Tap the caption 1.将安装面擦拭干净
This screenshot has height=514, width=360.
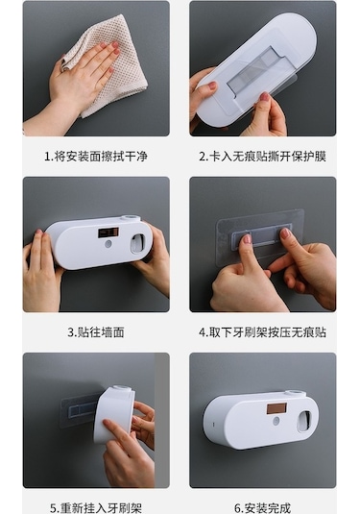click(x=96, y=157)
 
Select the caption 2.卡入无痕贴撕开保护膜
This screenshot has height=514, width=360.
click(x=263, y=157)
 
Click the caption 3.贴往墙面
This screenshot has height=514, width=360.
click(x=96, y=332)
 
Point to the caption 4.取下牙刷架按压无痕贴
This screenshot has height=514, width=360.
click(x=263, y=332)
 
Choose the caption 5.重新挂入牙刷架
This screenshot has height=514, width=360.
click(x=96, y=508)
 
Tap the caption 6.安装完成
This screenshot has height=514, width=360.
click(x=263, y=508)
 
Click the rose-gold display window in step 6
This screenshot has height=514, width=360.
click(x=276, y=408)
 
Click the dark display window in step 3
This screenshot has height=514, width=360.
click(x=108, y=233)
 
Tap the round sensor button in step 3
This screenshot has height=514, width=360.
click(x=108, y=244)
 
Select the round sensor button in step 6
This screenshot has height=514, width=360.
click(x=276, y=421)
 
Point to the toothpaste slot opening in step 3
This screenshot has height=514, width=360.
click(x=138, y=243)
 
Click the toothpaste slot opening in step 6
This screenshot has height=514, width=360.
click(x=304, y=422)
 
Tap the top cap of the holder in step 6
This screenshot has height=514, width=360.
click(x=294, y=393)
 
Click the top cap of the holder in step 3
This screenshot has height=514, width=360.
click(x=130, y=218)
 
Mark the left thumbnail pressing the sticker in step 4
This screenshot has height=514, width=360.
click(x=247, y=238)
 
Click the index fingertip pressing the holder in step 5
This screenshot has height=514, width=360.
click(x=107, y=423)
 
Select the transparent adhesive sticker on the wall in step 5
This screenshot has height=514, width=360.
click(x=79, y=410)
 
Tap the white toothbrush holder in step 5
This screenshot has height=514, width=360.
click(x=114, y=414)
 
